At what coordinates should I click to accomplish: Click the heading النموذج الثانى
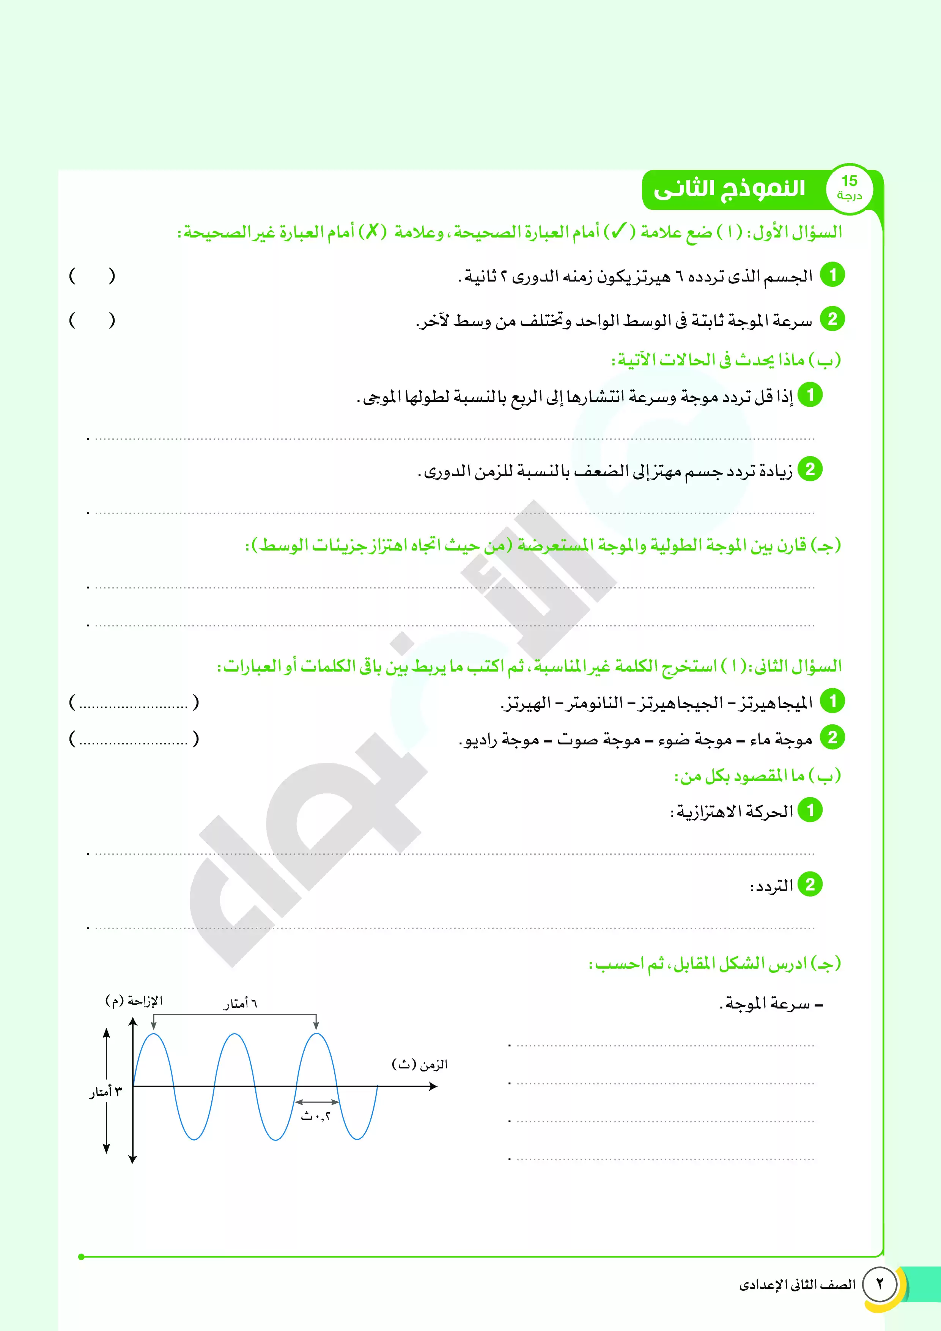tap(729, 189)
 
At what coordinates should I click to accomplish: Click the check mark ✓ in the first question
tap(618, 232)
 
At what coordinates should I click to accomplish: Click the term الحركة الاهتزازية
tap(732, 812)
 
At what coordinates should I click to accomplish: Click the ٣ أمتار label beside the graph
tap(105, 1092)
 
